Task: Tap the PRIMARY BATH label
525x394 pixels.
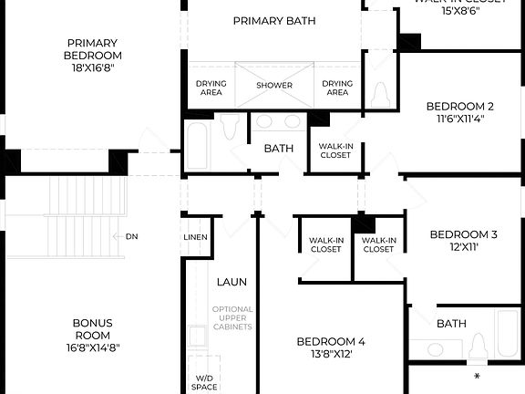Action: tap(273, 21)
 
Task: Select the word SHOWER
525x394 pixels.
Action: tap(274, 86)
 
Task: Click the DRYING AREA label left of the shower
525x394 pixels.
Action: tap(211, 88)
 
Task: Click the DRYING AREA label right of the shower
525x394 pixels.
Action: tap(337, 88)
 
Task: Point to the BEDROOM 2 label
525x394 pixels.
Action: tap(460, 107)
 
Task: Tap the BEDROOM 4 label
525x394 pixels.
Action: tap(331, 342)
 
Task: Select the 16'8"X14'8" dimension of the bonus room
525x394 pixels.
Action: tap(93, 347)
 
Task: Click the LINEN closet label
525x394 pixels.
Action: tap(196, 238)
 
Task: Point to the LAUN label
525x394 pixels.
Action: tap(232, 283)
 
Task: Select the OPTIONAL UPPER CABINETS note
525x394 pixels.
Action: tap(232, 318)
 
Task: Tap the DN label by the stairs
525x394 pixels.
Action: tap(132, 237)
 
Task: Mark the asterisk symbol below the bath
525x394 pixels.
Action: tap(477, 375)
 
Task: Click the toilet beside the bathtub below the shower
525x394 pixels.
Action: tap(230, 127)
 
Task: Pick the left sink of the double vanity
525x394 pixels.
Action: tap(264, 121)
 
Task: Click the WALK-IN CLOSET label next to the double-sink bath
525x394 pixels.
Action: tap(335, 150)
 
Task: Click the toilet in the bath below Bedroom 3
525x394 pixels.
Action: tap(477, 348)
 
